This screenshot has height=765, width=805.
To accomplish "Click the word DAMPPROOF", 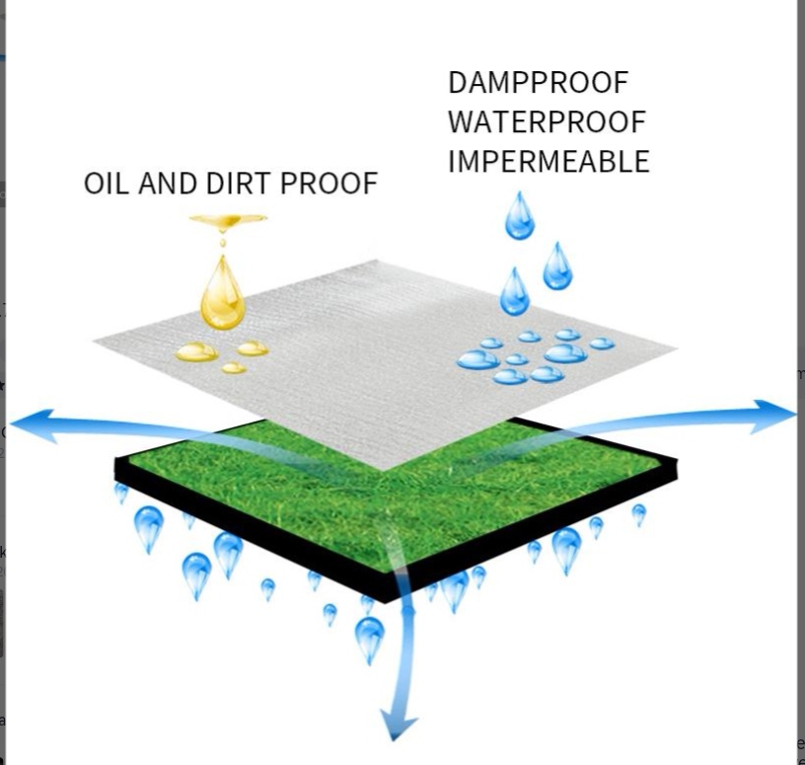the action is point(539,83).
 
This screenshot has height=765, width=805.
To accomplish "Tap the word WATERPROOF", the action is point(547,121).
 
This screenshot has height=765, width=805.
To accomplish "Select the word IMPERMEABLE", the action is point(549,161).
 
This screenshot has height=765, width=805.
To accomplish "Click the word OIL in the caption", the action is point(107,184).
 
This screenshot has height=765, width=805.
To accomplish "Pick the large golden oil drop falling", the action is point(223,293).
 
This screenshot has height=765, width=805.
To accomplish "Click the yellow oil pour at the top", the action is point(228,222).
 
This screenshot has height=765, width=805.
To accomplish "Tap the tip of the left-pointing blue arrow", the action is point(10,423).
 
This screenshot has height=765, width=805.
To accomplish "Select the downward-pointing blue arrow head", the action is point(398,728).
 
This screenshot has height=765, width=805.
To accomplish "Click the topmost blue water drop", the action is point(520,216).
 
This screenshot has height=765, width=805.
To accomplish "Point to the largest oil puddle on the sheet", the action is point(196,352).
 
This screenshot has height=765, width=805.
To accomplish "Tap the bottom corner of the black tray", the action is point(385,601).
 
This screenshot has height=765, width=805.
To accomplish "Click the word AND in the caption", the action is point(168,184).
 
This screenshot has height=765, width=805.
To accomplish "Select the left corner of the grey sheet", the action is point(94,341).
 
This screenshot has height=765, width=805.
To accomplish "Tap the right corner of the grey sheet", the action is point(677,347).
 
